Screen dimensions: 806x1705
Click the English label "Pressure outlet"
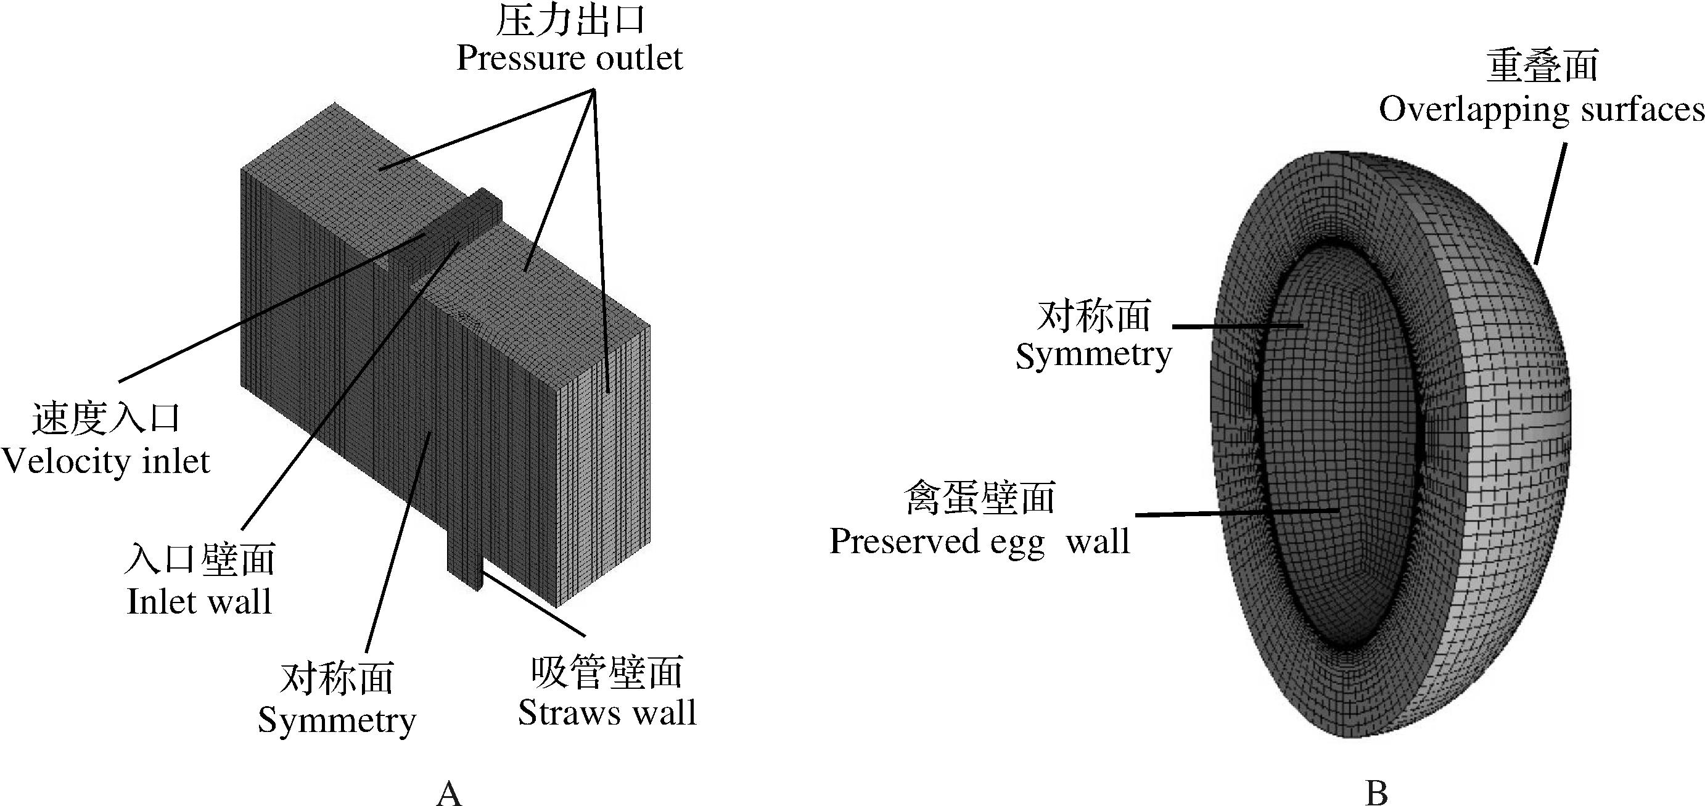coord(569,58)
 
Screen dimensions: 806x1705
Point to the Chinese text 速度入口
coord(106,419)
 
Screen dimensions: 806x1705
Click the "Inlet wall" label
coord(199,601)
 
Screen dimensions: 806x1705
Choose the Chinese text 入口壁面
coord(199,560)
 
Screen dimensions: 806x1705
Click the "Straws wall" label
coord(607,713)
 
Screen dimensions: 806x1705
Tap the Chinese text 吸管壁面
coord(607,672)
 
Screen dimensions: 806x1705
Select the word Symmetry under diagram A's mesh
coord(337,720)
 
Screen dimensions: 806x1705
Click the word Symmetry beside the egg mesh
coord(1093,355)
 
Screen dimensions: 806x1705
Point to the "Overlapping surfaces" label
coord(1541,110)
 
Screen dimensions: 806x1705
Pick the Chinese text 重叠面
coord(1542,66)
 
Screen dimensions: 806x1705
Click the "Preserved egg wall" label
coord(980,541)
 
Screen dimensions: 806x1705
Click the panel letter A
coord(449,792)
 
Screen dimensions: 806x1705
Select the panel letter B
coord(1376,792)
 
